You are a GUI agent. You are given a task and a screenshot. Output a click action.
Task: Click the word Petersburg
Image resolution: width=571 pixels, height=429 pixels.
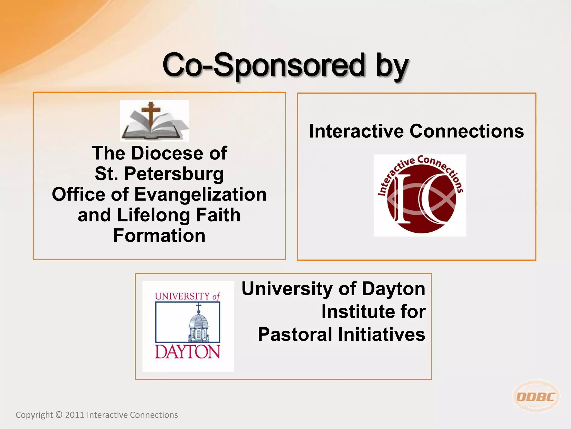(x=174, y=174)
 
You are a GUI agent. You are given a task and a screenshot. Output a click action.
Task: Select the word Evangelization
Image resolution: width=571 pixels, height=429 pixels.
(x=200, y=194)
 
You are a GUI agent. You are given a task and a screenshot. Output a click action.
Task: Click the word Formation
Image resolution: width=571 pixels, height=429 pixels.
(x=159, y=235)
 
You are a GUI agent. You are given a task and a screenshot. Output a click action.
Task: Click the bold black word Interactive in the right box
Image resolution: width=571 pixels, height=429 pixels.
(x=356, y=131)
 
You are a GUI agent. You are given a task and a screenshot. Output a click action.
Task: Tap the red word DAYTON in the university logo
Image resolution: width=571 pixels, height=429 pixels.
(x=187, y=352)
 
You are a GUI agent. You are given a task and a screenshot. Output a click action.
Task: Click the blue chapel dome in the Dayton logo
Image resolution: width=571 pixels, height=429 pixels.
(x=198, y=321)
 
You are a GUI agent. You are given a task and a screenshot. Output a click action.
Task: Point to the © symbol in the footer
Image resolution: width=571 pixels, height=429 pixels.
(x=59, y=415)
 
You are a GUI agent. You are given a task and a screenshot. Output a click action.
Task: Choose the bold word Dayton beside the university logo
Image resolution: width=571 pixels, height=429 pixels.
(x=393, y=289)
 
